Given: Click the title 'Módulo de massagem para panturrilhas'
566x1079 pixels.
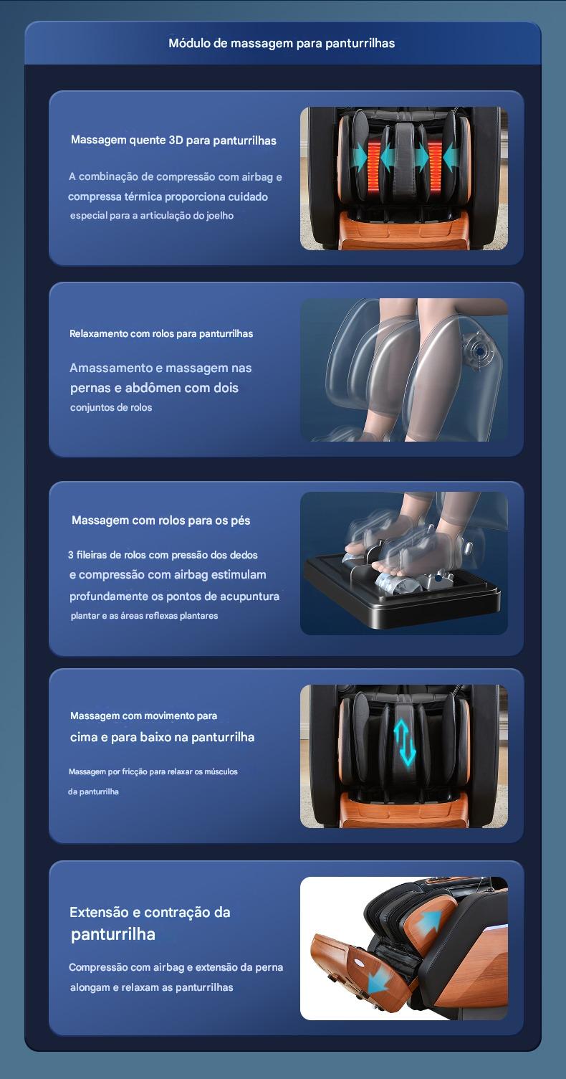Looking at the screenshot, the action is pos(282,43).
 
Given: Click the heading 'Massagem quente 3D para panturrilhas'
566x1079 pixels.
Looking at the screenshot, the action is pos(173,141).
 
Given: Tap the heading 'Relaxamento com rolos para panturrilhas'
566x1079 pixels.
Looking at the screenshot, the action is pos(161,333).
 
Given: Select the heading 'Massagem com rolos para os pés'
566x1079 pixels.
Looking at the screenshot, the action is pos(160,521).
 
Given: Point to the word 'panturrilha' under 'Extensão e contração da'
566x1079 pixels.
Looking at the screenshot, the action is pos(113,934).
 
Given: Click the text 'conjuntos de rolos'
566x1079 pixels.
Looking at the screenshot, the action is pos(111,407).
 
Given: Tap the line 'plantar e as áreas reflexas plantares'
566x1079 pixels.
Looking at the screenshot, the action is pos(145,616).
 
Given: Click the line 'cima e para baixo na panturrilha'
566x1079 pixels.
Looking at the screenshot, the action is pos(162,737).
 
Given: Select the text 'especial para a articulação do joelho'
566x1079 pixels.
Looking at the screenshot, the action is pos(152,215).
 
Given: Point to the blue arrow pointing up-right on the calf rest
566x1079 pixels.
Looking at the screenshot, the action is pos(429,923).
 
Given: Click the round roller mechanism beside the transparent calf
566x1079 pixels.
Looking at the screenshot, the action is pos(479,351).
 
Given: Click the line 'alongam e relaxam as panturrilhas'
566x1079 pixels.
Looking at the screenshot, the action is pos(152,987).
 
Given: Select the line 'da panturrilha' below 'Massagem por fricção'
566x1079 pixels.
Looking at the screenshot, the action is pos(93,792).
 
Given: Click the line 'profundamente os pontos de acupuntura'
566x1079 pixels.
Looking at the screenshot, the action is pos(174,596).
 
